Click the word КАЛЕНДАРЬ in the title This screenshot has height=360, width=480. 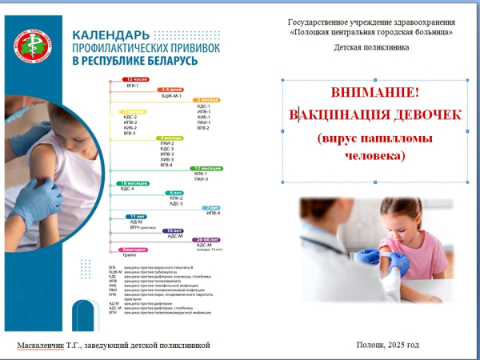[x=108, y=36]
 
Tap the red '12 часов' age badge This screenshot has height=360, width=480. [x=137, y=80]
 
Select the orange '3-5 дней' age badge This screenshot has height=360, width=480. [x=172, y=90]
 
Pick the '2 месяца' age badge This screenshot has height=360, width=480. [x=206, y=100]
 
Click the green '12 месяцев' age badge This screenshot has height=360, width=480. [x=206, y=168]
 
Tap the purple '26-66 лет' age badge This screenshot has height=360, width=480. [x=206, y=239]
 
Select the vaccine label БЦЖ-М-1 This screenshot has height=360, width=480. [x=172, y=95]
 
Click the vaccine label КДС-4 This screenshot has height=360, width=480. [x=128, y=189]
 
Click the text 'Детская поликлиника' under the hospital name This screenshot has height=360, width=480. [x=371, y=47]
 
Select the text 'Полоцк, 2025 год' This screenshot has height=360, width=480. [x=388, y=345]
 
